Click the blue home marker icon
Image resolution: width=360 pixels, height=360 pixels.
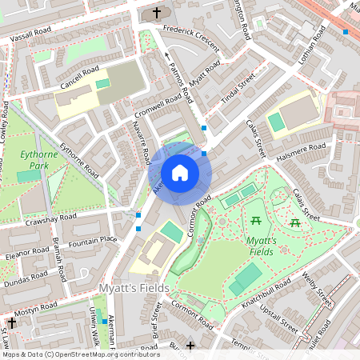179,173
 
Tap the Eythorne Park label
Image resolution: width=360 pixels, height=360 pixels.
39,161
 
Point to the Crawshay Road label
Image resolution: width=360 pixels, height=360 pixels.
50,218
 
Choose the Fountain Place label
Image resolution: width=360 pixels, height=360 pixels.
93,239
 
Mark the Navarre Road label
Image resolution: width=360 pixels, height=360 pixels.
144,144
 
